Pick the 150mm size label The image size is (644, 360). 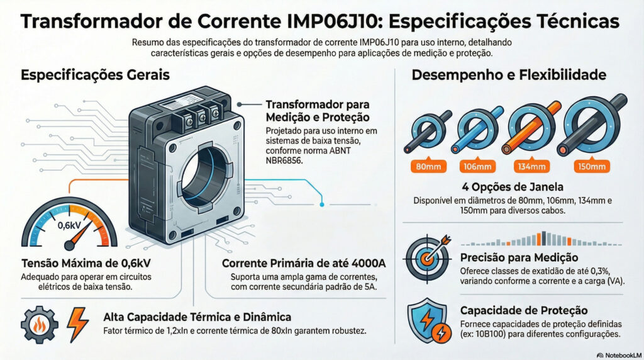point(592,167)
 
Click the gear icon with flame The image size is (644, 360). point(39,324)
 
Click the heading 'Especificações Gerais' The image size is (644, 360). point(95,75)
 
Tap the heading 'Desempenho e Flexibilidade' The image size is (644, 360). point(508,75)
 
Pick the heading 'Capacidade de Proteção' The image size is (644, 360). point(524,310)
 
